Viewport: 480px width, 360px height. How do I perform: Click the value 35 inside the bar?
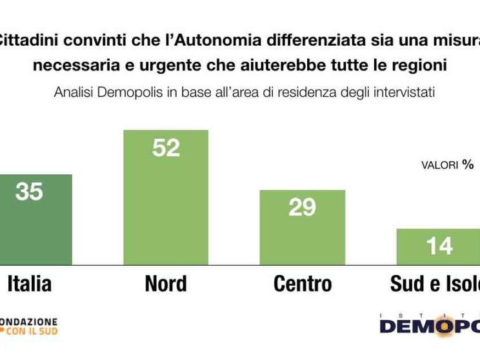(x=28, y=192)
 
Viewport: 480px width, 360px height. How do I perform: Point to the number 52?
(x=166, y=148)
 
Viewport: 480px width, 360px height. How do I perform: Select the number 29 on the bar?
(x=302, y=207)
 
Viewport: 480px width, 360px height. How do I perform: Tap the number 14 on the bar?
(x=439, y=246)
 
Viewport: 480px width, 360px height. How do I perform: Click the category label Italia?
(x=28, y=283)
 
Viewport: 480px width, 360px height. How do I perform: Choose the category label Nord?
(x=166, y=283)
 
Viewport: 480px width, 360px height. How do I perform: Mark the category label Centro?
(x=302, y=283)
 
